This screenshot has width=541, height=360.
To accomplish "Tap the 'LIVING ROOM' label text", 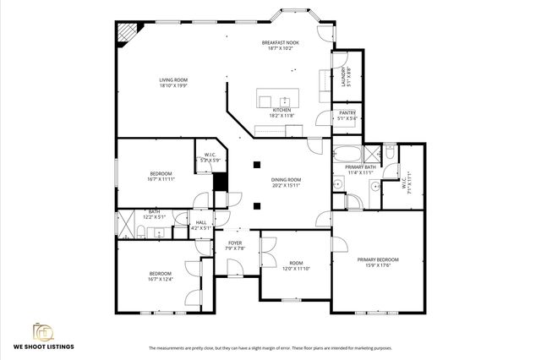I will (x=173, y=80).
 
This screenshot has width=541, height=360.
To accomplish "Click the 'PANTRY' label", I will (x=347, y=112).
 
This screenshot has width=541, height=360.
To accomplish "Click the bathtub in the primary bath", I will (x=347, y=155).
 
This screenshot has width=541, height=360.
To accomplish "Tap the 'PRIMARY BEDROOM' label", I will (x=378, y=259).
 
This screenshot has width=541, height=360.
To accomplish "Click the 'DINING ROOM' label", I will (x=286, y=179).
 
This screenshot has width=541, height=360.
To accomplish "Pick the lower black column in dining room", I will (x=257, y=204).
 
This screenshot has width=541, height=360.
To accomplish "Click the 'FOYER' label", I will (x=235, y=243).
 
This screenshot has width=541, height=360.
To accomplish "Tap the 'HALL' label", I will (x=201, y=222).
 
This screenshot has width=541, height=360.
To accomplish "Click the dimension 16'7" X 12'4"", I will (x=161, y=279).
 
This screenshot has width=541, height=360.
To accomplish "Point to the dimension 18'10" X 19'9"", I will (x=173, y=86).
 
